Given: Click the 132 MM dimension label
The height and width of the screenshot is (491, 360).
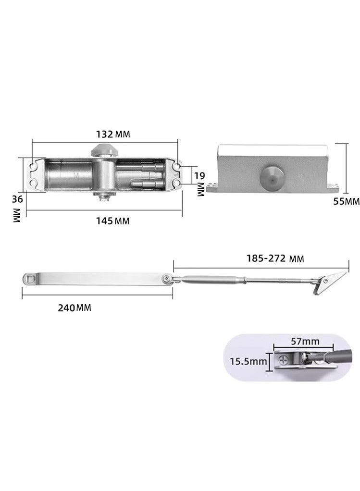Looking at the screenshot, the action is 113,134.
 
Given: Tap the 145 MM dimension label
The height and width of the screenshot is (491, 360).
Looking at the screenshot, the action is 113,221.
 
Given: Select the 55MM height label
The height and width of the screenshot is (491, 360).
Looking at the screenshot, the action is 346,201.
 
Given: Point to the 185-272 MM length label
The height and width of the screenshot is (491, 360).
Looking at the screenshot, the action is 275,258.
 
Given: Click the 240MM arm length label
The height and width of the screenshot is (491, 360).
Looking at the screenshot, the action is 74,308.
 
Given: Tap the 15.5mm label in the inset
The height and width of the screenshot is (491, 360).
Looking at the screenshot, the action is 248,361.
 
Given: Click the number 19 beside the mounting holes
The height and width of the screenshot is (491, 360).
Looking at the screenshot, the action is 199,176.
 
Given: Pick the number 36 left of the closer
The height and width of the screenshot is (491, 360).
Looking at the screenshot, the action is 18,199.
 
